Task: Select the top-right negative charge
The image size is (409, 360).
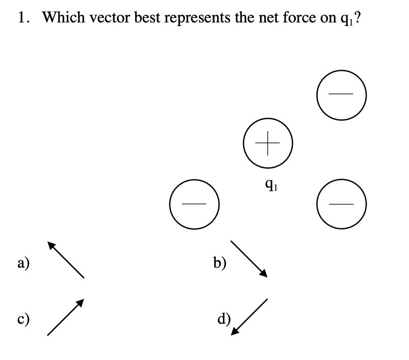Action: tap(341, 94)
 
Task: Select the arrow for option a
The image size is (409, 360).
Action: tap(66, 260)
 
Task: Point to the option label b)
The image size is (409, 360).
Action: tap(220, 263)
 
